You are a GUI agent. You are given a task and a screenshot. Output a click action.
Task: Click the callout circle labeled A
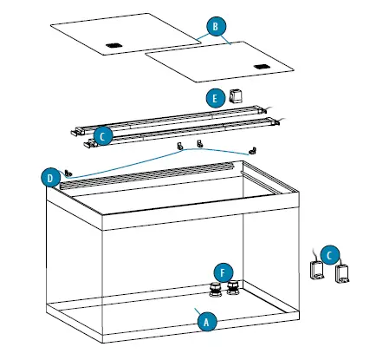click(205, 319)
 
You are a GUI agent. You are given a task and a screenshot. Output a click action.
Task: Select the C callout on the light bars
click(102, 136)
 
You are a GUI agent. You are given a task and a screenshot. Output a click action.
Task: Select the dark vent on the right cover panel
click(263, 66)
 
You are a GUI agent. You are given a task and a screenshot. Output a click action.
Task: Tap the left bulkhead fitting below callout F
click(213, 289)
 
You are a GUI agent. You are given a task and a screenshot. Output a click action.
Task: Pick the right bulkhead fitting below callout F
click(231, 289)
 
